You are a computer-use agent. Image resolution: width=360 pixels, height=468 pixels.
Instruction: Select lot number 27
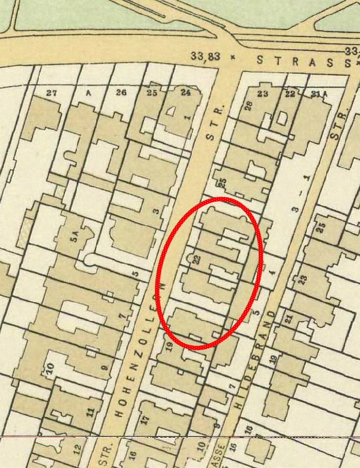(52, 93)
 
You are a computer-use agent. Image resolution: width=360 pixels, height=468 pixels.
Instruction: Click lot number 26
(121, 93)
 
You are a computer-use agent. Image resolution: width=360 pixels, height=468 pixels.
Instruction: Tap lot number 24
(185, 93)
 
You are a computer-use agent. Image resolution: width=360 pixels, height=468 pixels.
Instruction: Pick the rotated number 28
(249, 105)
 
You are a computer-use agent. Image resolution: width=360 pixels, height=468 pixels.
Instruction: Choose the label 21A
(319, 94)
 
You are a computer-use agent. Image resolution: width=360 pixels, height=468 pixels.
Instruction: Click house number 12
(77, 448)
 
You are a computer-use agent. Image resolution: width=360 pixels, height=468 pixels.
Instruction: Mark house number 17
(145, 418)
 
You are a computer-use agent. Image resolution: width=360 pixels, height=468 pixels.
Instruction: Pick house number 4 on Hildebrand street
(272, 272)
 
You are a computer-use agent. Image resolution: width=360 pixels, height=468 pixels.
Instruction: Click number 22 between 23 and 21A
(290, 94)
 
